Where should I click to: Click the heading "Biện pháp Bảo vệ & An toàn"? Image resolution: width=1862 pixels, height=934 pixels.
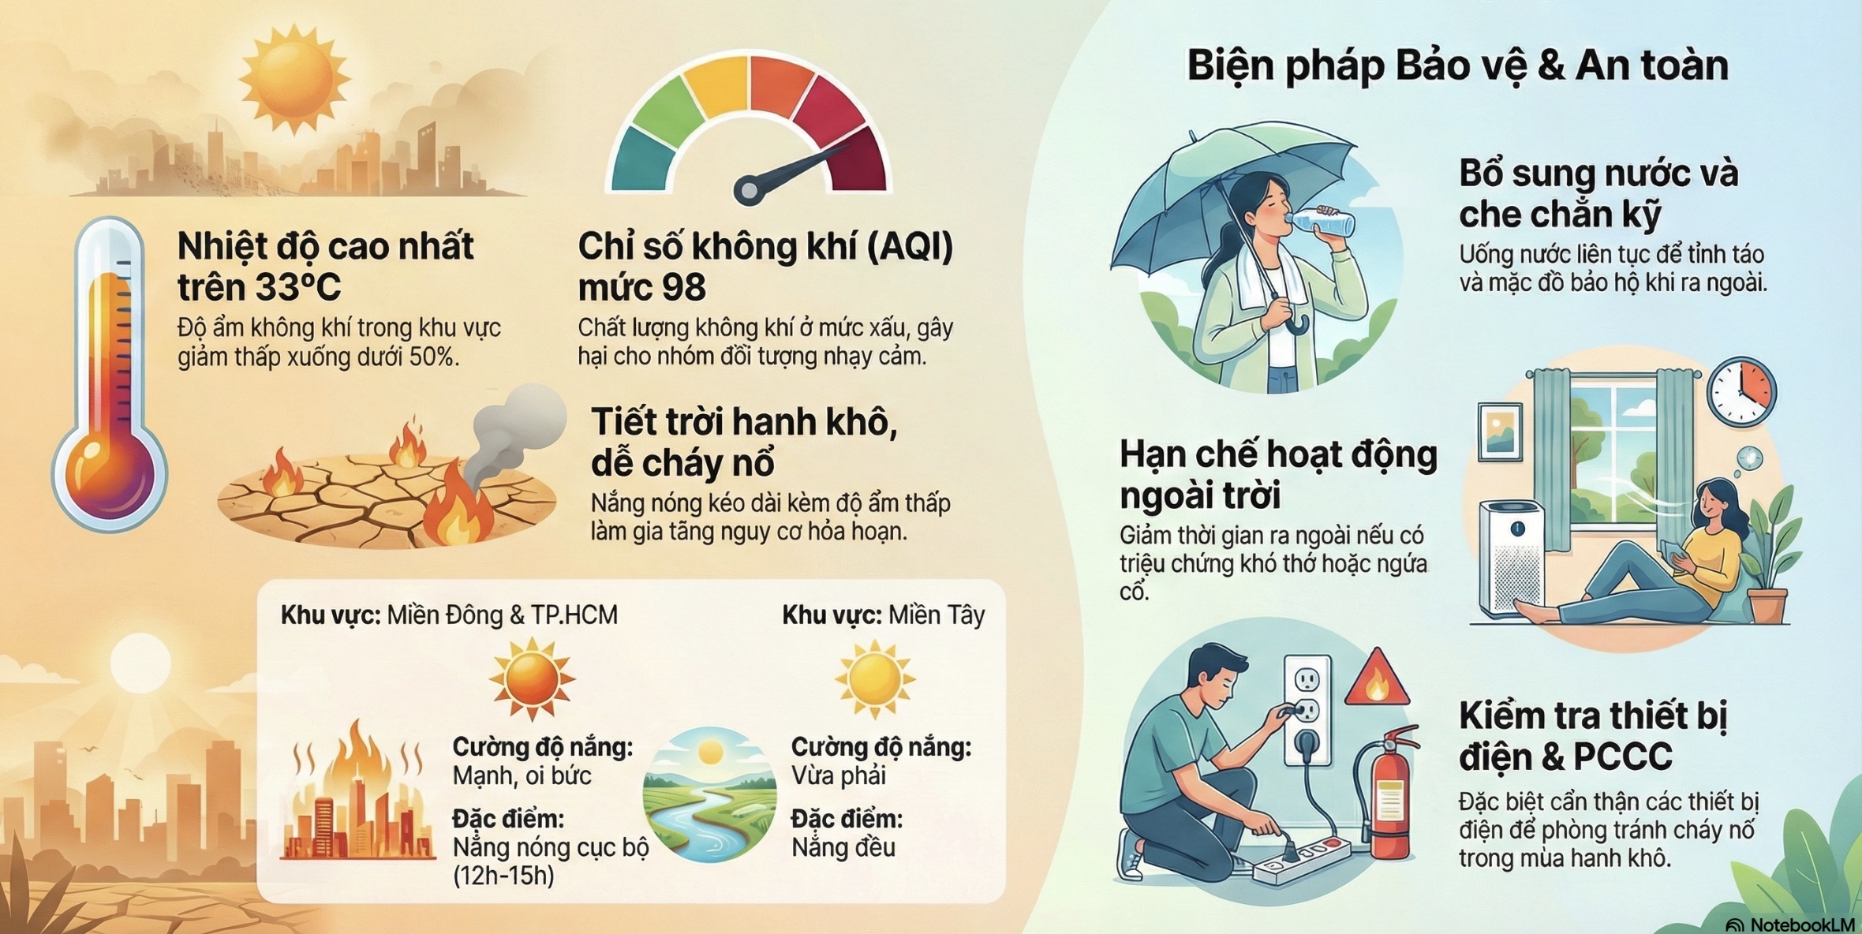pos(1458,66)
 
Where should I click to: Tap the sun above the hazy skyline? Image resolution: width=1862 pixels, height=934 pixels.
pos(294,78)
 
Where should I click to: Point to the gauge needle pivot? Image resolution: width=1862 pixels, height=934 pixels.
pos(748,190)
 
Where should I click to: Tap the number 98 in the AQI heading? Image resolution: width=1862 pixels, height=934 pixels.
pos(684,287)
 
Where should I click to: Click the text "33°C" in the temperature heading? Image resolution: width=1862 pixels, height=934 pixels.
pos(301,287)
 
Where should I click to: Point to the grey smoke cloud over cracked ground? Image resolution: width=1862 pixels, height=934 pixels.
pos(518,426)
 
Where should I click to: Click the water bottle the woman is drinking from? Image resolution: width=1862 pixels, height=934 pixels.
pos(1322,222)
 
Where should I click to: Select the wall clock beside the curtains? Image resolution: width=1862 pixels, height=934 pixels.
pos(1742,393)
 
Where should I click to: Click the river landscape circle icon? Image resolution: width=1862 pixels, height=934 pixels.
pos(709,794)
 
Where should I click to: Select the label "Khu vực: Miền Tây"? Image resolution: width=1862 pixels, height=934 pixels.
pos(884,615)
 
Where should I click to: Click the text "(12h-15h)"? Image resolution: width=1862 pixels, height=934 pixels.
pos(503,876)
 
